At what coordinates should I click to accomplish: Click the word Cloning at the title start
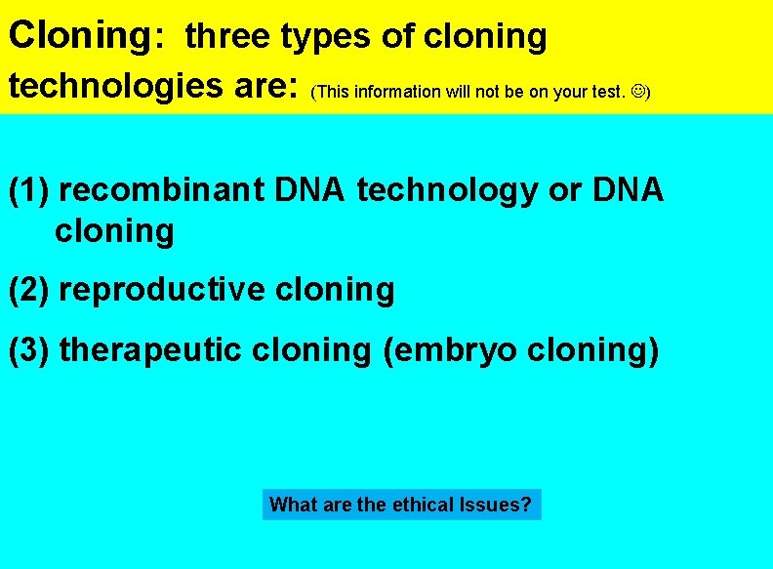77,36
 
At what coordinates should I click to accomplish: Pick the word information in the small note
397,93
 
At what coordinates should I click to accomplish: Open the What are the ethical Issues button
401,505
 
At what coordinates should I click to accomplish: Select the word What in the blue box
290,505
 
